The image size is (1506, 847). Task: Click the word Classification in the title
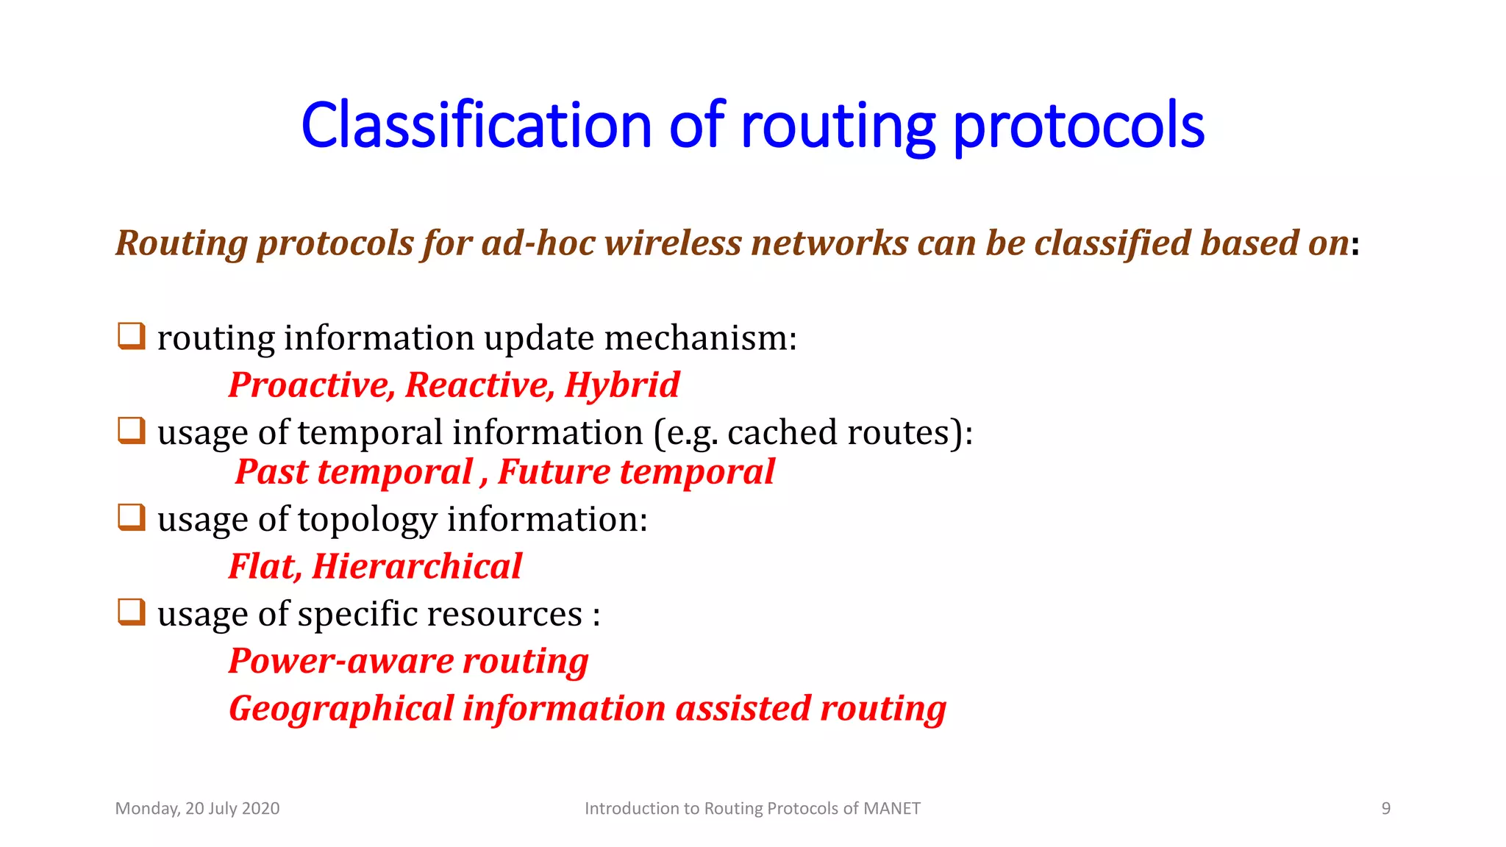476,126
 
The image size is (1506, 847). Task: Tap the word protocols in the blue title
1078,126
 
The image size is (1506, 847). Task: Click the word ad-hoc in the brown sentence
538,243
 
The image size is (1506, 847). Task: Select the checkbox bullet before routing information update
132,336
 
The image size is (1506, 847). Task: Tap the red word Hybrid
622,385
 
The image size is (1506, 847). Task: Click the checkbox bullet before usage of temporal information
132,430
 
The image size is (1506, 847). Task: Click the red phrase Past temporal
354,472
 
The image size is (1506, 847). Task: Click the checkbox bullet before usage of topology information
132,517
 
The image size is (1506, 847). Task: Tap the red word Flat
263,567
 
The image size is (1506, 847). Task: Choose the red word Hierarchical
417,567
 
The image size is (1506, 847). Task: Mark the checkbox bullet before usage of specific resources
132,612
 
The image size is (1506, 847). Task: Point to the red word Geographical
341,709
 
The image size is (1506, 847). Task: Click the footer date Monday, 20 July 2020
197,809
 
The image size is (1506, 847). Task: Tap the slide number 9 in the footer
1385,809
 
